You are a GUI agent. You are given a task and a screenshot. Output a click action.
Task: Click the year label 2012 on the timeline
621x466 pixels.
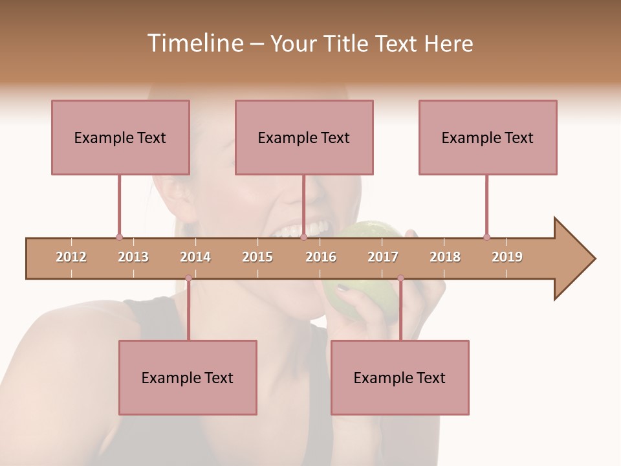(x=71, y=257)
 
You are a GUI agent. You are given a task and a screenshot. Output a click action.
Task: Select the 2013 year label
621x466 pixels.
(x=133, y=257)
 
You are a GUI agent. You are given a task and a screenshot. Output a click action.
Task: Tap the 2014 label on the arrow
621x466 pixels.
(x=195, y=257)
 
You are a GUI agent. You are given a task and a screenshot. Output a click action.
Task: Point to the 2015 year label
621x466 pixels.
(x=257, y=257)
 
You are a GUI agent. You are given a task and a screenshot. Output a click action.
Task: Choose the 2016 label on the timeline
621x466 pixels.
(x=321, y=257)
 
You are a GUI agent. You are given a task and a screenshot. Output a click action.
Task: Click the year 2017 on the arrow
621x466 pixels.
(x=383, y=257)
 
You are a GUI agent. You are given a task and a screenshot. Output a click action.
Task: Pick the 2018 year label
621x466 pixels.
(x=445, y=257)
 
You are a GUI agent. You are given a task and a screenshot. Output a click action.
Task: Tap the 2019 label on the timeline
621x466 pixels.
(x=507, y=257)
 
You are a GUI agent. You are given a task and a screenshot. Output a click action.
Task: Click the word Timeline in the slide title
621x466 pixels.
(x=194, y=43)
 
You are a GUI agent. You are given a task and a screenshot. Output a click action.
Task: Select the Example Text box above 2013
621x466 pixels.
(x=120, y=137)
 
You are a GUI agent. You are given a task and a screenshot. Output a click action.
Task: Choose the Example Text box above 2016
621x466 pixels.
(x=304, y=137)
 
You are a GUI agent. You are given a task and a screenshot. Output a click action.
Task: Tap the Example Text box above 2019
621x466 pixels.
(x=488, y=137)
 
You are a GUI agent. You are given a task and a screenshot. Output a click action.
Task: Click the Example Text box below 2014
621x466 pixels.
(x=188, y=377)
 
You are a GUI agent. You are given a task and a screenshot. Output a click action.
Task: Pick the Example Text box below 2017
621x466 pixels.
(x=400, y=377)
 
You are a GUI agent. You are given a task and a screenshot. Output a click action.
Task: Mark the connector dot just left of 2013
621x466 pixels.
(x=119, y=237)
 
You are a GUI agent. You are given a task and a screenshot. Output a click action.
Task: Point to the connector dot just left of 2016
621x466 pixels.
(x=303, y=237)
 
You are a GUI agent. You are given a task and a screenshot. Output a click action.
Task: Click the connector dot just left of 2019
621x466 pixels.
(x=486, y=237)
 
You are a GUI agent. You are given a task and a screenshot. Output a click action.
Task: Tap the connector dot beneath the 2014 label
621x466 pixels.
(x=188, y=278)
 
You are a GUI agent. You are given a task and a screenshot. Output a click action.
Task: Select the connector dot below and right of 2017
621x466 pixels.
(x=400, y=278)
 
